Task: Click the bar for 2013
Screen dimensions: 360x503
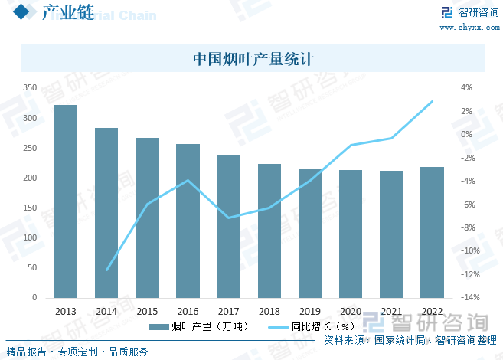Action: coord(66,201)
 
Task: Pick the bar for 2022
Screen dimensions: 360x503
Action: coord(433,232)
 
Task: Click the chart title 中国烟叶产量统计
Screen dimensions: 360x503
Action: coord(253,59)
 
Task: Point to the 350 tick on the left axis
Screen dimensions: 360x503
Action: coord(30,88)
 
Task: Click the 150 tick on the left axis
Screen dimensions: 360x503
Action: coord(30,208)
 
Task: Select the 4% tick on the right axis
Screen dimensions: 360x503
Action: coord(466,88)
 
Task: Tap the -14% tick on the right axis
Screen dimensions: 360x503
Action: coord(470,298)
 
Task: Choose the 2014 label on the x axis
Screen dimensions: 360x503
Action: coord(106,312)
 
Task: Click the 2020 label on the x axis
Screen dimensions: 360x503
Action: coord(351,312)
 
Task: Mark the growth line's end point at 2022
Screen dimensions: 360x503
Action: coord(433,101)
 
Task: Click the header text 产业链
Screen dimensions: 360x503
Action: coord(64,13)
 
